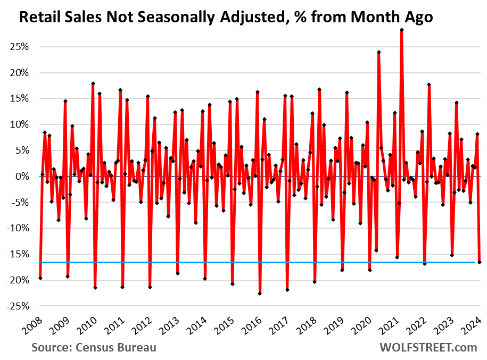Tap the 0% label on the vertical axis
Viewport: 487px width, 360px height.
click(22, 177)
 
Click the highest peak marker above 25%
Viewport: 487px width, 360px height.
click(401, 30)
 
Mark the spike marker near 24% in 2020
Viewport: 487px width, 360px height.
click(378, 52)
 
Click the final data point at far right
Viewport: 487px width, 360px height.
click(480, 262)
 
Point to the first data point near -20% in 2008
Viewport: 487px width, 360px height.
click(40, 278)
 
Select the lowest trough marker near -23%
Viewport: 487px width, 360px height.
click(260, 294)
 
